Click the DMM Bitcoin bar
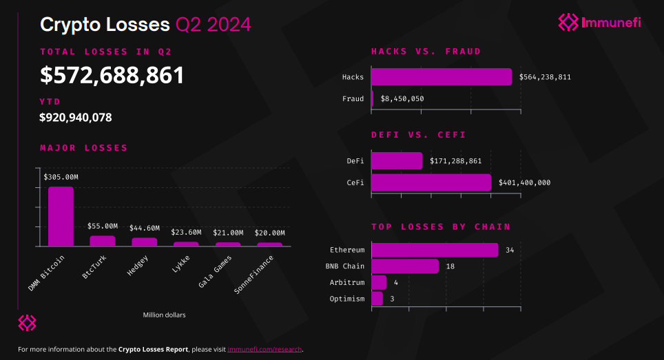61,216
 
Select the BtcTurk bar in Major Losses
103,241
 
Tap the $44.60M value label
145,228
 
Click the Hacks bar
442,76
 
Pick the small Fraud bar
372,98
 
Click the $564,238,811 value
545,77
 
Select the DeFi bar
397,161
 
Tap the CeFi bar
431,182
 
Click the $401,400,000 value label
524,183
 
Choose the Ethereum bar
435,250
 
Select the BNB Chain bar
405,266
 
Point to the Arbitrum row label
346,282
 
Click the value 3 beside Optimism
392,299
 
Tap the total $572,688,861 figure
112,74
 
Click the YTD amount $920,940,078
76,118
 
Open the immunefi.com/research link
264,350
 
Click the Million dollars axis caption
164,315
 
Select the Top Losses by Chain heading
441,226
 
